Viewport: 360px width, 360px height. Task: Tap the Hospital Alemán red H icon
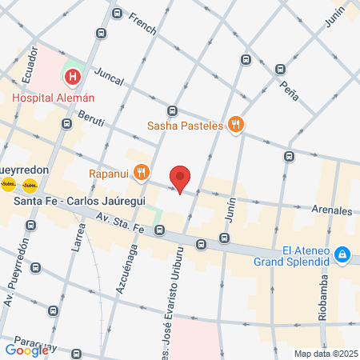(x=73, y=78)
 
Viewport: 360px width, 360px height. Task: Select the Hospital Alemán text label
(x=54, y=98)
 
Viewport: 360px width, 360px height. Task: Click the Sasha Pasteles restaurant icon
(x=235, y=124)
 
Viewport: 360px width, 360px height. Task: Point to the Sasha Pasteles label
(x=186, y=125)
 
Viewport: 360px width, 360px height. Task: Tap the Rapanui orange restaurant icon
(x=142, y=171)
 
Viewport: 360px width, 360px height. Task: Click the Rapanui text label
(x=109, y=171)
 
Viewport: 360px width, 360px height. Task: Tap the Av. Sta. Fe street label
(x=119, y=223)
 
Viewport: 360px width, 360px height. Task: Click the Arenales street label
(x=332, y=211)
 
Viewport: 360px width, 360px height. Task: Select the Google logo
(x=26, y=350)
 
